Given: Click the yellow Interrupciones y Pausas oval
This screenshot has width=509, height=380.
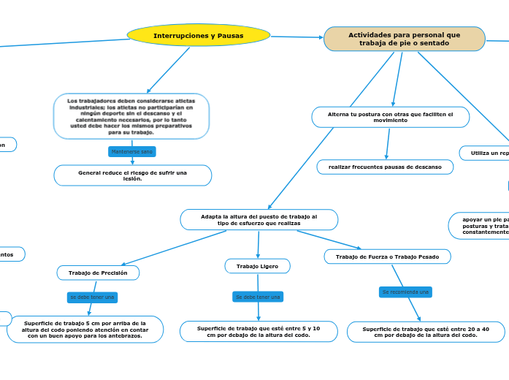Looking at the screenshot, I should (199, 35).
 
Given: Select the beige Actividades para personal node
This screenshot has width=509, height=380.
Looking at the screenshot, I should (404, 39).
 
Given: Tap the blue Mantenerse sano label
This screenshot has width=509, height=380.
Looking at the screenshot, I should (131, 151).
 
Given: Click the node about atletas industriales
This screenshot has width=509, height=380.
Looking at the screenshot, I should (131, 116).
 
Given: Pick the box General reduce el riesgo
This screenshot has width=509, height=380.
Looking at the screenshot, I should (133, 175).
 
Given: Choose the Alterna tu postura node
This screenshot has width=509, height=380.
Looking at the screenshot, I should (390, 117).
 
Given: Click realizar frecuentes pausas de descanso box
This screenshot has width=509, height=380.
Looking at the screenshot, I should (385, 167).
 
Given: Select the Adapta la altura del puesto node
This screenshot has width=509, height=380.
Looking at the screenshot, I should (259, 219).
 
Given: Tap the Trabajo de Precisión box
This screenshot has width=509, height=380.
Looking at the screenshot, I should (98, 273).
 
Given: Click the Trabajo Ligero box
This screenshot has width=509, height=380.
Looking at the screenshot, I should (257, 266).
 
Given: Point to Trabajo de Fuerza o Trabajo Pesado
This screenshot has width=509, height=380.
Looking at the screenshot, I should (387, 256).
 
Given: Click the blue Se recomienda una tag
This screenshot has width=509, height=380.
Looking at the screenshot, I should (405, 292).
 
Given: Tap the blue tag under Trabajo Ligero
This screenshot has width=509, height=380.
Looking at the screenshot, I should (258, 297).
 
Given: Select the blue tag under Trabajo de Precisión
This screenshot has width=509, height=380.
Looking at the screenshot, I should (92, 297).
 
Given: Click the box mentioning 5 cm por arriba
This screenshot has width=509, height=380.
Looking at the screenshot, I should (85, 329).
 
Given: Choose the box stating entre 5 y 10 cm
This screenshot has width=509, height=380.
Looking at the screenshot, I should (259, 331).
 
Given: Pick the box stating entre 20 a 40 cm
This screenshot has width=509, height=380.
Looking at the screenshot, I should (426, 331).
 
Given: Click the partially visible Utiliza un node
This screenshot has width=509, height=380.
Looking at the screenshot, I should (484, 153).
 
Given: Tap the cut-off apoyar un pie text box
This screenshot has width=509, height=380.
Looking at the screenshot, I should (479, 225).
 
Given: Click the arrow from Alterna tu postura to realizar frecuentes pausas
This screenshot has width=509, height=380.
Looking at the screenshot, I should (387, 143).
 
